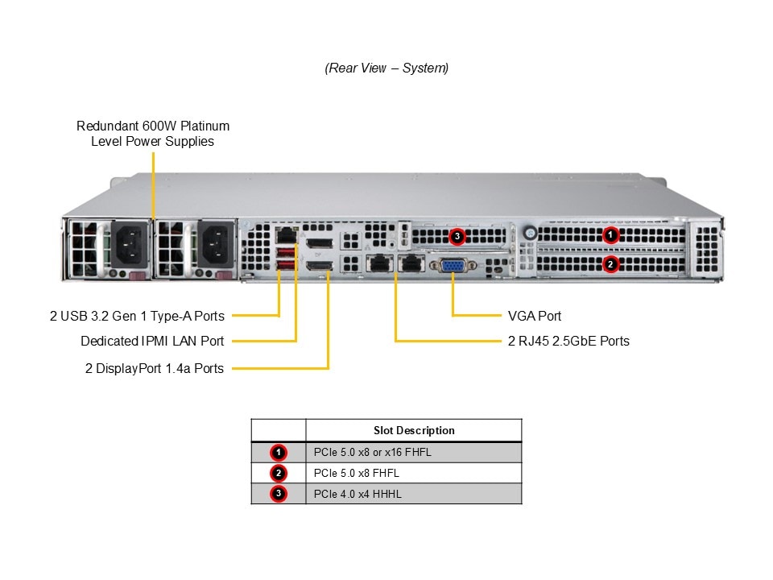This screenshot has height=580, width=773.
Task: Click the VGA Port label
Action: (535, 316)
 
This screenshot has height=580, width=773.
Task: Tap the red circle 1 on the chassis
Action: (611, 235)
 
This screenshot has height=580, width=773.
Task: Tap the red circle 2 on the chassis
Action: (611, 263)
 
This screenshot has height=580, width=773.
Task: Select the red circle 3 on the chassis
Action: (457, 236)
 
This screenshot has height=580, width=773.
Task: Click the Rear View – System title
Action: (386, 68)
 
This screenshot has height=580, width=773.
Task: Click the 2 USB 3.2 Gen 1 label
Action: (137, 316)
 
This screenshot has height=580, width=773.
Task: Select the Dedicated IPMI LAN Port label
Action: (152, 341)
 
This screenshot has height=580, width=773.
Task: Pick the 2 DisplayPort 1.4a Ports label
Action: (155, 368)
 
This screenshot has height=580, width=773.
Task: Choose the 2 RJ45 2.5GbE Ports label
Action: (568, 341)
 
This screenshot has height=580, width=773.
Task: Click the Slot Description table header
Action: (414, 430)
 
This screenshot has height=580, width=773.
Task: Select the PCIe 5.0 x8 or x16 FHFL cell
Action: (373, 452)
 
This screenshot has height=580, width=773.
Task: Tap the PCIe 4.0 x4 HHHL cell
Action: (358, 494)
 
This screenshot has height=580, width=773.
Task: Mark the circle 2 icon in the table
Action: (279, 473)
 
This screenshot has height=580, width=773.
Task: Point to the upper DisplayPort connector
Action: (320, 242)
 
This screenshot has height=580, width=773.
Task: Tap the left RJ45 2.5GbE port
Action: (378, 263)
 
